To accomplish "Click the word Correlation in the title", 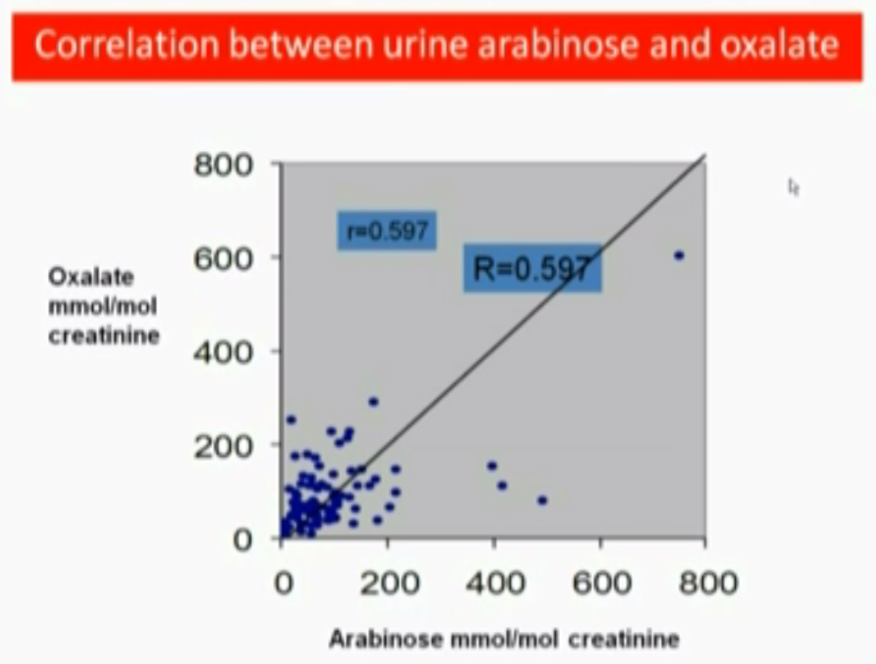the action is (127, 45).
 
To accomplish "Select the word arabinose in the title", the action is (559, 45).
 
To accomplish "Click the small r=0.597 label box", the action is (387, 231).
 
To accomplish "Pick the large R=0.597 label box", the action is (532, 268).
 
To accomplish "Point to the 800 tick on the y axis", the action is (223, 165).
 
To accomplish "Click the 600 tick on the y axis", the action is (223, 259).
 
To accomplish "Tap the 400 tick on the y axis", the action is (223, 353).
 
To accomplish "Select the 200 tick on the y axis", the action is (223, 446).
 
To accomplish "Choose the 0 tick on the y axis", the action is (243, 540).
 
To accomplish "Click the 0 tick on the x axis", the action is (284, 583).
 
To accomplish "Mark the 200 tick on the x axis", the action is (390, 583).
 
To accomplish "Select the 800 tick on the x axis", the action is (708, 583).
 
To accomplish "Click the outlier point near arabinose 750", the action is (679, 255).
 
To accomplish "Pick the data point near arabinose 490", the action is (542, 500).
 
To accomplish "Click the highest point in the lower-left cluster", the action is (374, 402).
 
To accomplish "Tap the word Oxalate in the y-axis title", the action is (91, 277).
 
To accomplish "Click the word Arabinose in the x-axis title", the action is (386, 639).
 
